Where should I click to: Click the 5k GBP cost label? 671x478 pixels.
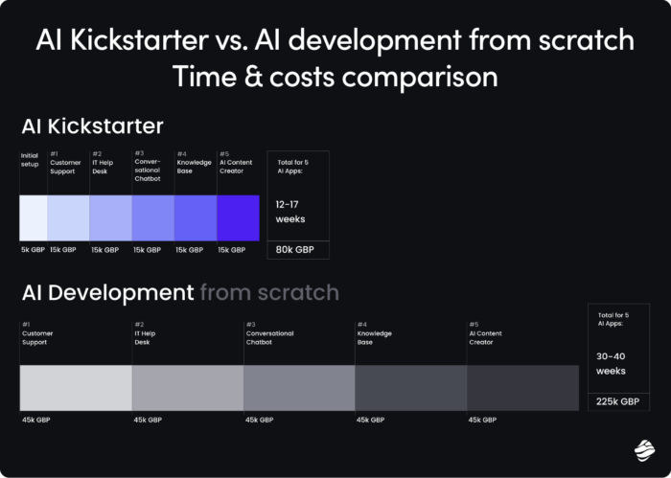click(32, 250)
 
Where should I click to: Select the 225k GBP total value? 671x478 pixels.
click(616, 401)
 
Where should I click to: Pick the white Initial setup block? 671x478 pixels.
click(33, 217)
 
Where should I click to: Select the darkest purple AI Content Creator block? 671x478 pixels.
click(238, 217)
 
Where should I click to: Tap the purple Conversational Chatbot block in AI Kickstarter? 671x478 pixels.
click(152, 217)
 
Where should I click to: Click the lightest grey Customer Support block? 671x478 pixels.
click(76, 388)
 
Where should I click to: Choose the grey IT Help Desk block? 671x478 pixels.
click(188, 388)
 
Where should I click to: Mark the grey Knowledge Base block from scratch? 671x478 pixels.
click(411, 388)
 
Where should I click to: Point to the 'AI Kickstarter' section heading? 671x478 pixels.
click(92, 126)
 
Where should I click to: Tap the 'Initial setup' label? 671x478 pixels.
click(30, 158)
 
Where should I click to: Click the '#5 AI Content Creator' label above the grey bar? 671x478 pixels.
click(489, 334)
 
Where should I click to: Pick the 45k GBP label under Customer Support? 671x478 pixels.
click(36, 420)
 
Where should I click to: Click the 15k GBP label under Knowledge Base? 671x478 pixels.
click(190, 250)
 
